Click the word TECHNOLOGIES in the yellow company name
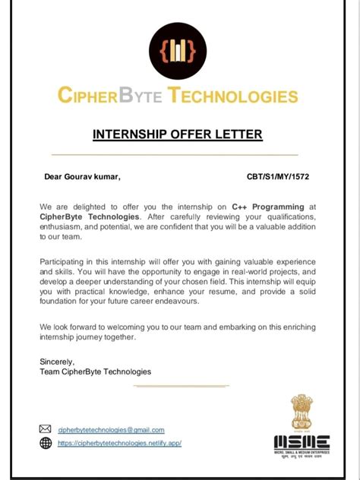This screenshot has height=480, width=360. click(x=233, y=96)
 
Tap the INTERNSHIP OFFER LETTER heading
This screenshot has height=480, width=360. click(x=178, y=134)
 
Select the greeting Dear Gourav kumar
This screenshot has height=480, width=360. click(x=82, y=177)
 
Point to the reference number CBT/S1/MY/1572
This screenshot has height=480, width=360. click(x=278, y=177)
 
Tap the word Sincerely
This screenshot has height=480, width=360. click(x=57, y=362)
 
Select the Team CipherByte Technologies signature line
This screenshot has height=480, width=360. click(x=95, y=371)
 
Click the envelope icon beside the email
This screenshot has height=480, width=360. click(x=46, y=429)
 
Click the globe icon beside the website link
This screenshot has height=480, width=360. click(x=46, y=443)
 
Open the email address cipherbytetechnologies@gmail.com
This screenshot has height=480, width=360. click(x=111, y=430)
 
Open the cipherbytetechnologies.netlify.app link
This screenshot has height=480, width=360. click(x=119, y=444)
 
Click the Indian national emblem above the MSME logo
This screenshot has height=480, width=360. click(x=301, y=412)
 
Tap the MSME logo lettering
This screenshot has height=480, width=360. click(x=302, y=442)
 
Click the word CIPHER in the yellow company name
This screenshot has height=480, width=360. click(x=86, y=96)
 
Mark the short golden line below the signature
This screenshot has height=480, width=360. click(x=180, y=386)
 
